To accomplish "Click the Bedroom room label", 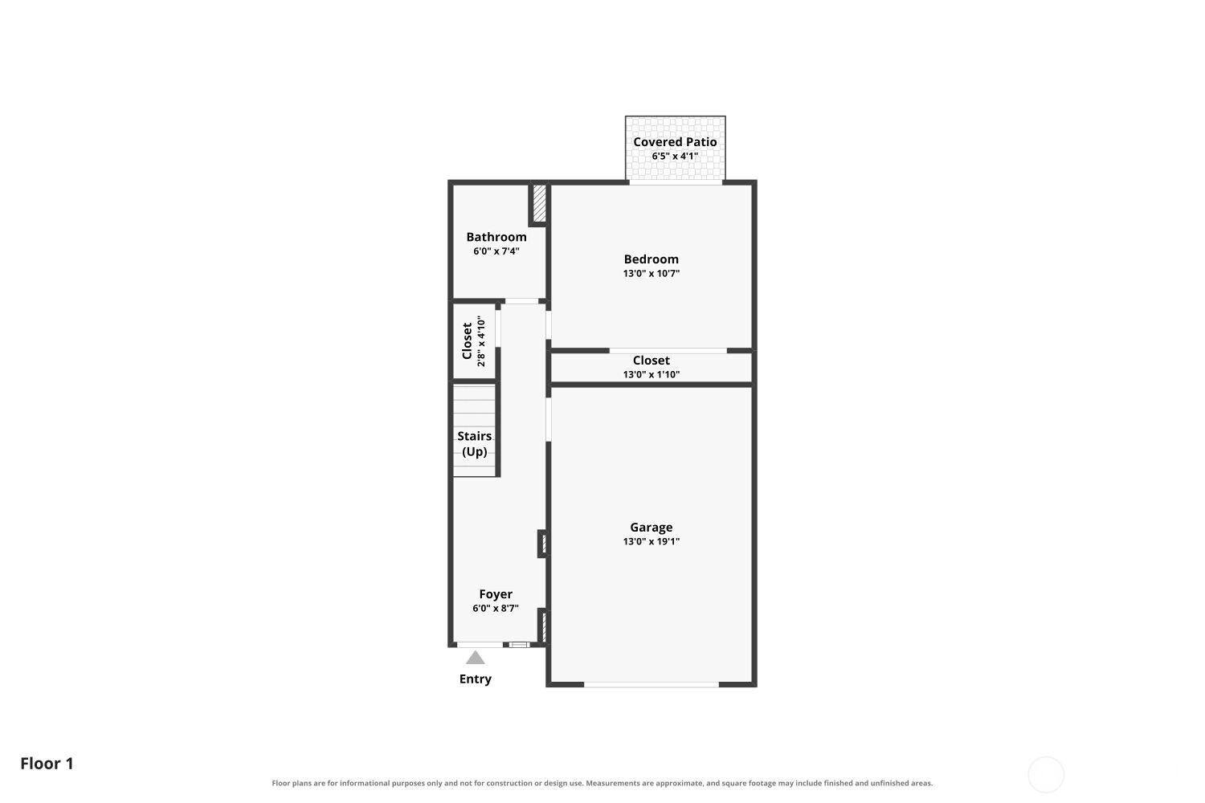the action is pos(651,259).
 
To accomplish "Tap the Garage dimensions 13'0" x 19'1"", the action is pos(651,541).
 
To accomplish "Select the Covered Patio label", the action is pos(675,142).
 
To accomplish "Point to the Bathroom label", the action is pos(496,237).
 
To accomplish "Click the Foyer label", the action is pos(496,594).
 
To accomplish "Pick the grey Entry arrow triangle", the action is pos(475,658).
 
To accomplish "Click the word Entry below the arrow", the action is pos(475,679).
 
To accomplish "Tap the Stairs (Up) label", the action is pos(475,444).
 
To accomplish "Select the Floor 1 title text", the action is pos(47,764).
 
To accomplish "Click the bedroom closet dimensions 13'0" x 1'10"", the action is pos(651,374).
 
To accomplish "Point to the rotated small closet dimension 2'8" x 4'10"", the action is pos(481,341).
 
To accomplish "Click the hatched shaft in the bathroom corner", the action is pos(539,203).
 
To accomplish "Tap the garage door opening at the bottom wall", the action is pos(651,685).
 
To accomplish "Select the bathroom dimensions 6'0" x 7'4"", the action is pos(496,251).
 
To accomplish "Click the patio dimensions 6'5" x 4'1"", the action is pos(675,156).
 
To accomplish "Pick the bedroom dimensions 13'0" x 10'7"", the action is pos(651,273).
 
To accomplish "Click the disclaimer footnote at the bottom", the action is pos(602,783).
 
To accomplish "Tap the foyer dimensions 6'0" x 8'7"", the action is pos(496,609).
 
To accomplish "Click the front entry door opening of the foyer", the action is pos(480,644).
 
